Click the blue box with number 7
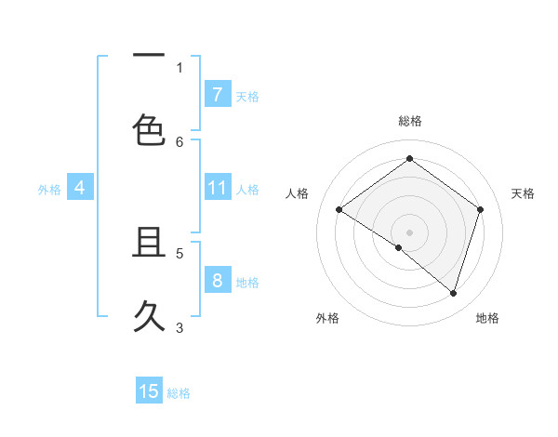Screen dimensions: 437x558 click(217, 94)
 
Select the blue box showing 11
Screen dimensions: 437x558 click(217, 188)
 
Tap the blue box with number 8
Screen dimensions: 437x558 click(217, 280)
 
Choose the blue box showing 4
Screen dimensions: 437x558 click(79, 188)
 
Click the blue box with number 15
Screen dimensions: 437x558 click(149, 391)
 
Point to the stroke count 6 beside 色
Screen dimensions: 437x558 click(179, 141)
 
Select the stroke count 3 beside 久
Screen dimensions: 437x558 click(179, 327)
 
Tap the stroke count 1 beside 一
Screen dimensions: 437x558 click(179, 68)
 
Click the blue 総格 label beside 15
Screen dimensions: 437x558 click(179, 393)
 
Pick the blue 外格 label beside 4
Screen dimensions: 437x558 click(49, 190)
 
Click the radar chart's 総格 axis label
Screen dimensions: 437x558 click(409, 121)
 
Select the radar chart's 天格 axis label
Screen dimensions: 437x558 click(523, 193)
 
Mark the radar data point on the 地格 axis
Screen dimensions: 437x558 click(453, 293)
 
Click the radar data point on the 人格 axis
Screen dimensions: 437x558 click(339, 209)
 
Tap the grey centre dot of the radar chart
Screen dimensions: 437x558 click(409, 232)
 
